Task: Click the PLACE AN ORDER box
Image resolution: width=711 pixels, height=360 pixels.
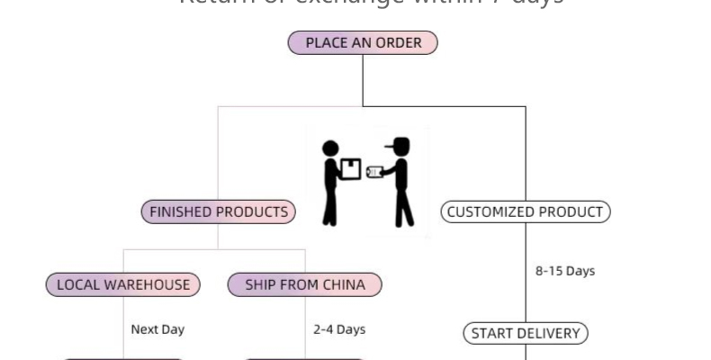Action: [x=363, y=42]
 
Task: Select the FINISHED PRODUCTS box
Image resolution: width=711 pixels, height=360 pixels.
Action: [x=219, y=212]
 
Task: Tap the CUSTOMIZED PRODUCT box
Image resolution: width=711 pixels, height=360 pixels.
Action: [x=526, y=212]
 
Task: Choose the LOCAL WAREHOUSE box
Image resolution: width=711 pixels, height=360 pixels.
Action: [x=123, y=285]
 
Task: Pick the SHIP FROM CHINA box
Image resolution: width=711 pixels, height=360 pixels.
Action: [x=305, y=285]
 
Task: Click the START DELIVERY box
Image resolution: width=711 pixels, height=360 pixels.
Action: [x=526, y=334]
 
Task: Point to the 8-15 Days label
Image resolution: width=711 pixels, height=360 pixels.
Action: [x=564, y=271]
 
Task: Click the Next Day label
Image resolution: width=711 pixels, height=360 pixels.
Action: [x=157, y=329]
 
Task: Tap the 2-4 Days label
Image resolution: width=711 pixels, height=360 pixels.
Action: [x=339, y=329]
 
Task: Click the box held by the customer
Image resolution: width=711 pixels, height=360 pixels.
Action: [x=351, y=169]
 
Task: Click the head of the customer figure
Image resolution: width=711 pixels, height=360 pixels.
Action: [x=331, y=149]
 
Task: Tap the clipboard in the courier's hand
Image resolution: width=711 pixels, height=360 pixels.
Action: [x=374, y=172]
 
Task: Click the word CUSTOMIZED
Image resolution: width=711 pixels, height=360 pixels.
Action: [x=492, y=212]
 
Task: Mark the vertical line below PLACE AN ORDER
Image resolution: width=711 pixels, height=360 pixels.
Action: [x=363, y=81]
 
